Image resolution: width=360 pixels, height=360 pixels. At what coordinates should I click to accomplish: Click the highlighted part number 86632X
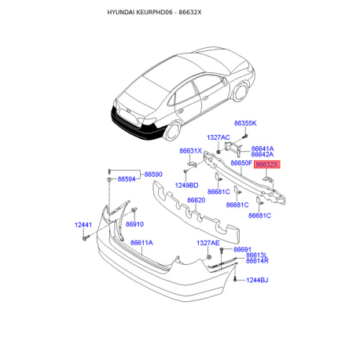(x=266, y=164)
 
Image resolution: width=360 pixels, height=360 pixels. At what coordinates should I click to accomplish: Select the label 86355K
(x=245, y=123)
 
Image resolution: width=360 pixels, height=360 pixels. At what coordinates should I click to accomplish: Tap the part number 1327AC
(x=219, y=138)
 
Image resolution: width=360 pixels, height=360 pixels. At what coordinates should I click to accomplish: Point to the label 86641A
(x=263, y=149)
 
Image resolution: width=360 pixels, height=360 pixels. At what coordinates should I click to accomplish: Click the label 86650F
(x=241, y=163)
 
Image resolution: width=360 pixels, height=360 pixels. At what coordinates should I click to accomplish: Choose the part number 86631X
(x=191, y=151)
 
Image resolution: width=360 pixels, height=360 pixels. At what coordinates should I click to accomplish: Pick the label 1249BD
(x=186, y=186)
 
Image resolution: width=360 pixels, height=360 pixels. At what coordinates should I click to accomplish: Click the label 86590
(x=153, y=174)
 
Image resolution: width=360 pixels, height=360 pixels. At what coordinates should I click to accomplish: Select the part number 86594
(x=127, y=179)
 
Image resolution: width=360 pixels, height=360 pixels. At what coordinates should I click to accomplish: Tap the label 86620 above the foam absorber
(x=197, y=200)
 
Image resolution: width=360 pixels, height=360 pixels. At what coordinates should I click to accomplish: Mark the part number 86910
(x=134, y=224)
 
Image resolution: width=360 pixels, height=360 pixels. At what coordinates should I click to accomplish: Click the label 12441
(x=83, y=225)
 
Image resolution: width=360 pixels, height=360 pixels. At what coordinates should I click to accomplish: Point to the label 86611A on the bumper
(x=141, y=243)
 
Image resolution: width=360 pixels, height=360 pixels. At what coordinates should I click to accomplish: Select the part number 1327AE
(x=208, y=243)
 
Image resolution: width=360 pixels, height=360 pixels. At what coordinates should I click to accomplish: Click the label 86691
(x=242, y=249)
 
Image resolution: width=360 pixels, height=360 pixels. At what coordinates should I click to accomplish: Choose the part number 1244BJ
(x=257, y=280)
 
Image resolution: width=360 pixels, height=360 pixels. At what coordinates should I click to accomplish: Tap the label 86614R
(x=257, y=261)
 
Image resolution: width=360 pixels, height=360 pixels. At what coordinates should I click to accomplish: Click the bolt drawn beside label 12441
(x=86, y=238)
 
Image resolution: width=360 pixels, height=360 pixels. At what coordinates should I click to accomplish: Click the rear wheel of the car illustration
(x=173, y=131)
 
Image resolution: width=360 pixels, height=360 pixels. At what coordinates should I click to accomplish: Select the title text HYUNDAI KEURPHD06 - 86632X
(x=154, y=13)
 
